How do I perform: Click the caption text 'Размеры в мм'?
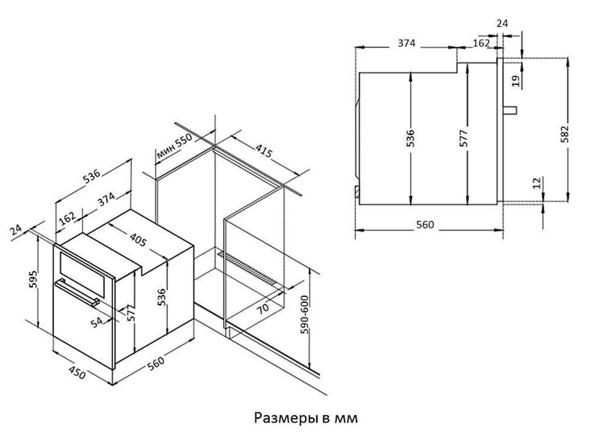click(x=306, y=418)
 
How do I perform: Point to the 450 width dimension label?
click(x=77, y=373)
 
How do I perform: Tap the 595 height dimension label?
click(x=33, y=279)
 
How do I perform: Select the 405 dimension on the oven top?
click(x=138, y=239)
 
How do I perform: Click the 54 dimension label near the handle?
click(x=97, y=323)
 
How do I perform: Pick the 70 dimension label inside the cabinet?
click(x=263, y=308)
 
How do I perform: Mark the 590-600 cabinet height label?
click(x=305, y=314)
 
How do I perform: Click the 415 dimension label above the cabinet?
click(x=263, y=151)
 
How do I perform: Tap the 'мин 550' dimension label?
click(x=175, y=147)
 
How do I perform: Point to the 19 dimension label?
click(x=515, y=81)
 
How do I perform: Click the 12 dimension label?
click(x=536, y=183)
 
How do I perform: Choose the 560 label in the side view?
click(x=425, y=225)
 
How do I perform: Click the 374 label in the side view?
click(x=407, y=43)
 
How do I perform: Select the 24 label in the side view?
click(x=502, y=23)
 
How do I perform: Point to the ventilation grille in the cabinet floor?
click(x=251, y=269)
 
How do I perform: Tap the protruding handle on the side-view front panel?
click(x=509, y=110)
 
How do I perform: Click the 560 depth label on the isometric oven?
click(x=156, y=363)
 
